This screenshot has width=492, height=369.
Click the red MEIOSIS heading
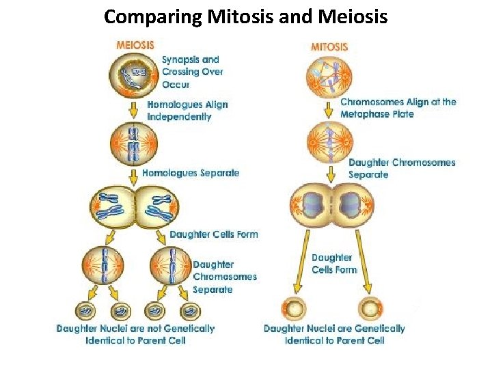click(x=135, y=45)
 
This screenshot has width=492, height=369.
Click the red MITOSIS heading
click(x=329, y=46)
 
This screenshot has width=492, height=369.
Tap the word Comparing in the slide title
click(x=152, y=16)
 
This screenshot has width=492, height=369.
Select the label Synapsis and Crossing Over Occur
click(x=192, y=72)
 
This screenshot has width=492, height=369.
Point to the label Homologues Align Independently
click(x=187, y=111)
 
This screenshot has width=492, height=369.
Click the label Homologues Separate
click(x=191, y=173)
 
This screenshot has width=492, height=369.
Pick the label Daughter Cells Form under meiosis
click(x=214, y=234)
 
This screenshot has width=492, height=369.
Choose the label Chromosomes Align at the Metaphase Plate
click(x=398, y=108)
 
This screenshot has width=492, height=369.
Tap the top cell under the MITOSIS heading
click(x=330, y=74)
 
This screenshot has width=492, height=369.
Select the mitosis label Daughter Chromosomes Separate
click(x=402, y=168)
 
